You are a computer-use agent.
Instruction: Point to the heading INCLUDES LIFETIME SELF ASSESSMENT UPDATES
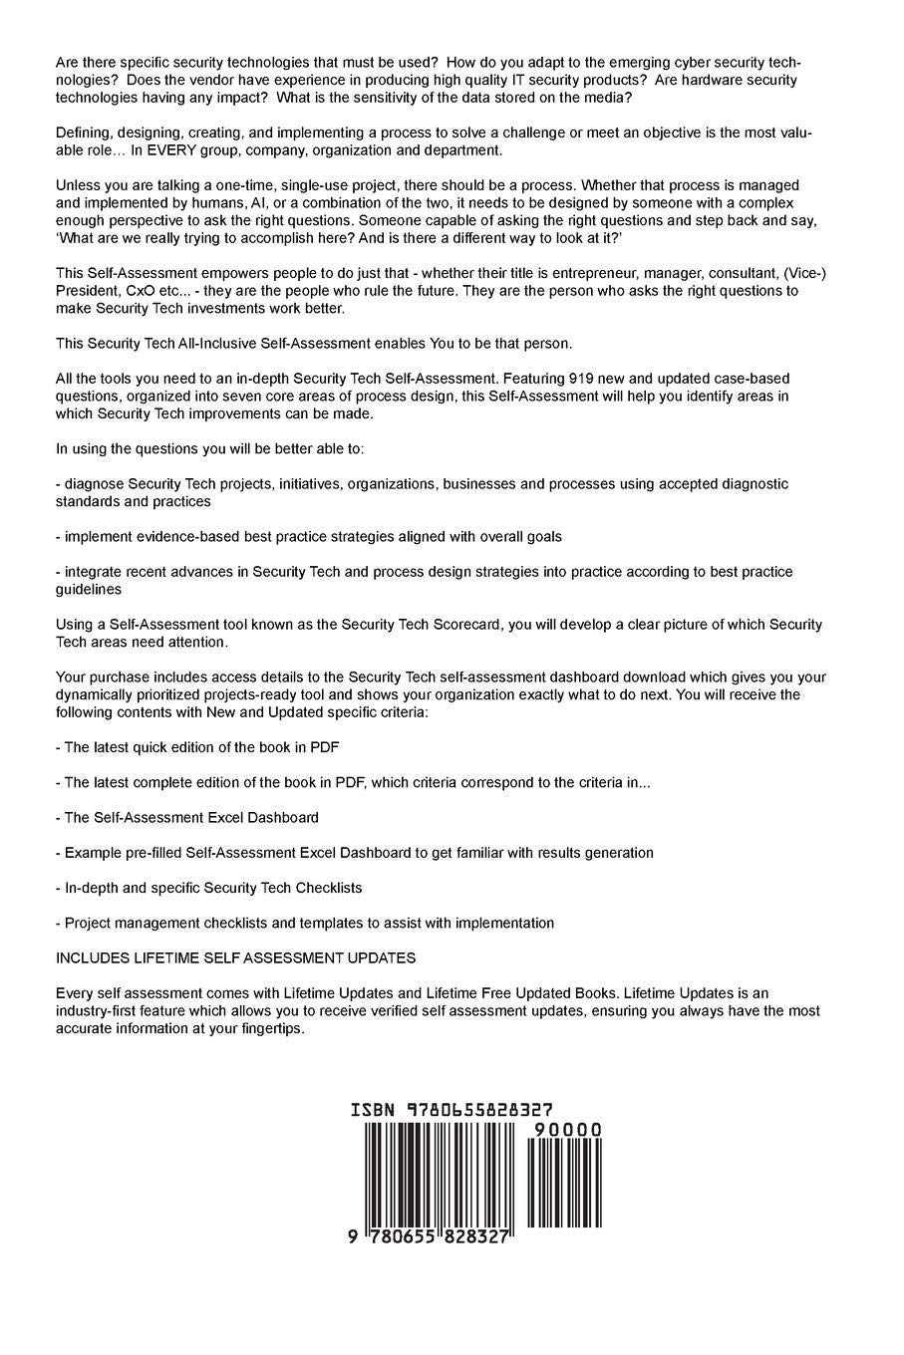point(235,958)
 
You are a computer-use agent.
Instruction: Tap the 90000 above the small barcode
point(568,1130)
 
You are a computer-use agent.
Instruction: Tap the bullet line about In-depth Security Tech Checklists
point(209,888)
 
